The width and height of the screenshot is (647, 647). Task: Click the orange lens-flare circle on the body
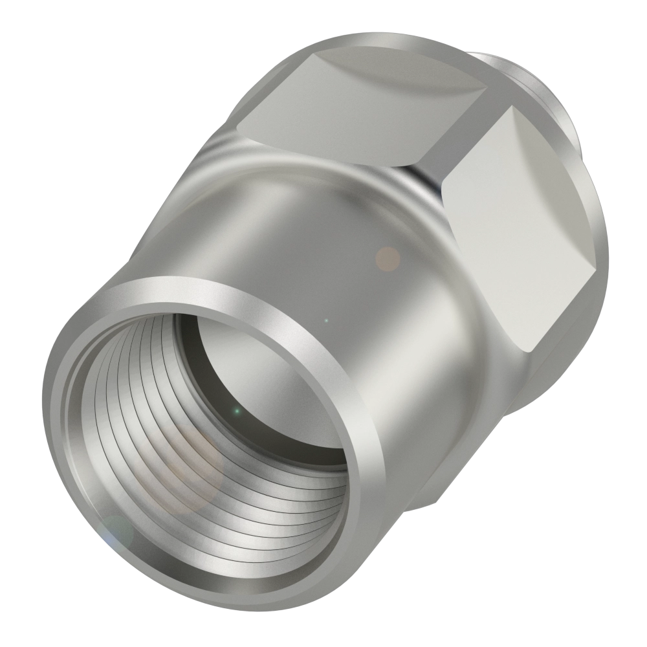point(388,259)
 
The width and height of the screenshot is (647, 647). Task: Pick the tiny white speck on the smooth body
point(326,320)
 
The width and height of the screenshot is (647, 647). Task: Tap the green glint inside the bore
point(237,411)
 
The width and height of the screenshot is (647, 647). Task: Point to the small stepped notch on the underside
point(414,501)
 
